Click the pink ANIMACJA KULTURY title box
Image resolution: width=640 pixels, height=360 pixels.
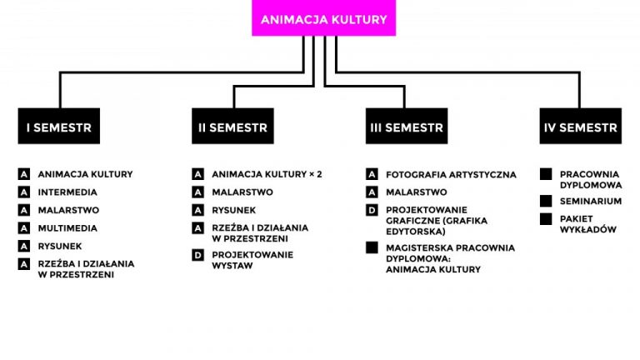pos(323,18)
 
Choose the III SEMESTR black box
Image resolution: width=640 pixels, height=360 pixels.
pos(407,127)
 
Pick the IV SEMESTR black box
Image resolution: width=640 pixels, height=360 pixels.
pos(580,127)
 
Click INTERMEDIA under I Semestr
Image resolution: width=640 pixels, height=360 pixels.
pos(67,192)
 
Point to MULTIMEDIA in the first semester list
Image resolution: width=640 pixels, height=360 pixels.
pos(67,228)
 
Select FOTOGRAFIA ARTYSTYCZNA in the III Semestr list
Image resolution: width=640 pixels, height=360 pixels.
pos(451,175)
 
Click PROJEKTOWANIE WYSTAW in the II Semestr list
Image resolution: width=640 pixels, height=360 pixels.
pos(252,260)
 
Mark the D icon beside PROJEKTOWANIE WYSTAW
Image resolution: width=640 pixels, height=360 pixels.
pos(198,255)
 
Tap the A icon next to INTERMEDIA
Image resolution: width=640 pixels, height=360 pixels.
pos(24,192)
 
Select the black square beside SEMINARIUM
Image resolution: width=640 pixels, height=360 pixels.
pos(546,201)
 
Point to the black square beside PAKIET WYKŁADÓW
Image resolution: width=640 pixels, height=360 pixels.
pos(546,219)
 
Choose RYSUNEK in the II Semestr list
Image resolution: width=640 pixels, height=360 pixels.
pos(234,210)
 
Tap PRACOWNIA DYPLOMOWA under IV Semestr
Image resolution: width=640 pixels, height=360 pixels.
pos(591,179)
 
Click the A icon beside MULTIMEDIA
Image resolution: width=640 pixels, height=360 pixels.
pos(24,228)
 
